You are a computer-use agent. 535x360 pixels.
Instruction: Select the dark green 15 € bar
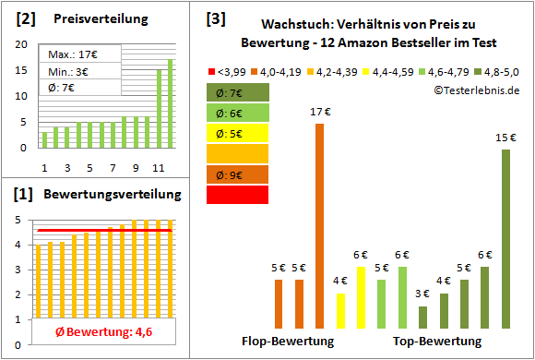tap(505, 239)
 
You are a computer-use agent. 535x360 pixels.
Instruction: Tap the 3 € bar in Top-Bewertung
tap(422, 317)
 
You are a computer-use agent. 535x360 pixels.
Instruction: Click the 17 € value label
tap(320, 113)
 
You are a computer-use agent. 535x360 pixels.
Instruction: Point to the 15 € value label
tap(505, 138)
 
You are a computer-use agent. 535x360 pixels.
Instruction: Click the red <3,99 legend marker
tap(212, 70)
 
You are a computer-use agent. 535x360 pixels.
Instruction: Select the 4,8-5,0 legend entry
tap(495, 70)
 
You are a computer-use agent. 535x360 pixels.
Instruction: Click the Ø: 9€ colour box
tap(237, 174)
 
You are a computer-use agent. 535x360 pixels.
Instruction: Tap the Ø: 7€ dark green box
tap(237, 92)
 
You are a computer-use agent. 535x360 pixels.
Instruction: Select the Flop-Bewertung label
tap(287, 341)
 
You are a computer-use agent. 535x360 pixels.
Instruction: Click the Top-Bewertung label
tap(437, 341)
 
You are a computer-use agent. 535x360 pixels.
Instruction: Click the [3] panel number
tap(216, 18)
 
